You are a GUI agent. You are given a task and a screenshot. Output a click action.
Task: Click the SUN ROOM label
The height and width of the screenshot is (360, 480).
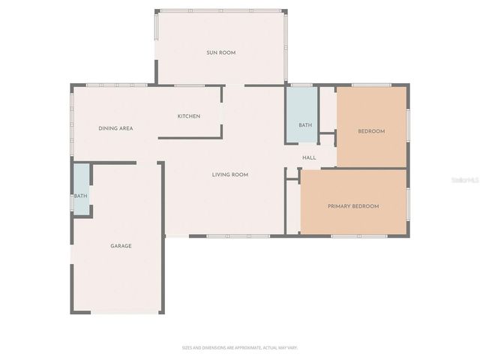(x=221, y=52)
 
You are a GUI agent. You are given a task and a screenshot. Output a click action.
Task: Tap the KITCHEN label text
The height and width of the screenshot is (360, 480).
(x=188, y=116)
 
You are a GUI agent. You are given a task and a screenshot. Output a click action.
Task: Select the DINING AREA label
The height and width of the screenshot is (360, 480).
(x=115, y=128)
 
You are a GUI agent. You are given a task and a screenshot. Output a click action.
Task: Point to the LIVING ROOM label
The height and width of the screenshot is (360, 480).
(x=229, y=175)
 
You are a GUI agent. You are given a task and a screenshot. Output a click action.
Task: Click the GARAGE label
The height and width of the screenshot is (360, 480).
(x=121, y=246)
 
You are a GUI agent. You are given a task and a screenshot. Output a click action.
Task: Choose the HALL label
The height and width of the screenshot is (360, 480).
(x=309, y=157)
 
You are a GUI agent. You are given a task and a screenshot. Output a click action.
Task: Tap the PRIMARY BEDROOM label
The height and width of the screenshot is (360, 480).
(x=352, y=206)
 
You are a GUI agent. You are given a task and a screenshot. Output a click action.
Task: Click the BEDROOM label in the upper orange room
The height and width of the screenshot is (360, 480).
(x=370, y=132)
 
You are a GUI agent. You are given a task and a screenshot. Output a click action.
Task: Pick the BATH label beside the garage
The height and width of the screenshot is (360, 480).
(x=80, y=196)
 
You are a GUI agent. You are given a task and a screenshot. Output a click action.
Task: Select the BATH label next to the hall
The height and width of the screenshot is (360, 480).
(x=304, y=125)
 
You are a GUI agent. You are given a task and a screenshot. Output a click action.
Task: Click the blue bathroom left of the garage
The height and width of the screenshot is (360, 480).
(x=81, y=187)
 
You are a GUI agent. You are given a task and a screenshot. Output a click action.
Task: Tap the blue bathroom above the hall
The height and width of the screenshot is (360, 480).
(x=302, y=112)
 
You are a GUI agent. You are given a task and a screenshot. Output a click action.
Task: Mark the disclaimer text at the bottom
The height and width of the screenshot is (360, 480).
(x=240, y=348)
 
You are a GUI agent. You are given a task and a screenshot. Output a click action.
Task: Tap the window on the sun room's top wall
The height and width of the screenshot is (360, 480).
(x=221, y=10)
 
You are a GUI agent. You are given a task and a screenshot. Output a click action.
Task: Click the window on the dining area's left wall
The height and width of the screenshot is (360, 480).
(x=72, y=112)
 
